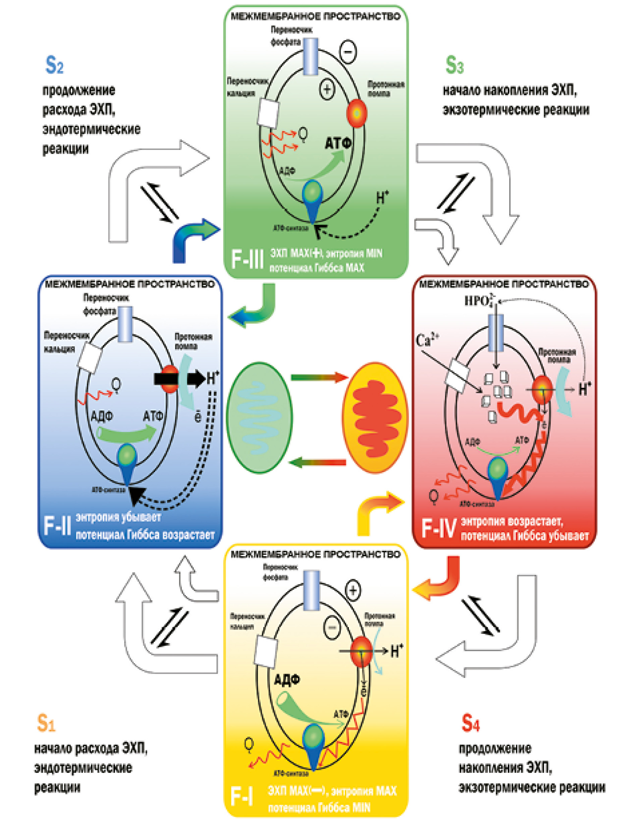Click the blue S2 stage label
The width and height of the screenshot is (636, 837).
pos(54,65)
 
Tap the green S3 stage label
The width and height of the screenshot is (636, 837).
pos(454,65)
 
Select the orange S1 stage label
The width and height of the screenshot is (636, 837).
pos(46,722)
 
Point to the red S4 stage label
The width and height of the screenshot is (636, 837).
pos(471,722)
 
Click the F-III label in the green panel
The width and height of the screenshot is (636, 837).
pos(247,259)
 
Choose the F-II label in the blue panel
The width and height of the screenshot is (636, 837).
pos(57,525)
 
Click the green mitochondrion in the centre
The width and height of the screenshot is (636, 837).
pos(259,418)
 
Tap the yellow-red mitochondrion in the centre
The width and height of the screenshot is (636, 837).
pos(375,418)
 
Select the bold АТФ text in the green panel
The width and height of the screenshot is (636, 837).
pos(338,144)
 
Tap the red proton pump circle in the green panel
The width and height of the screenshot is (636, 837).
pos(357,113)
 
